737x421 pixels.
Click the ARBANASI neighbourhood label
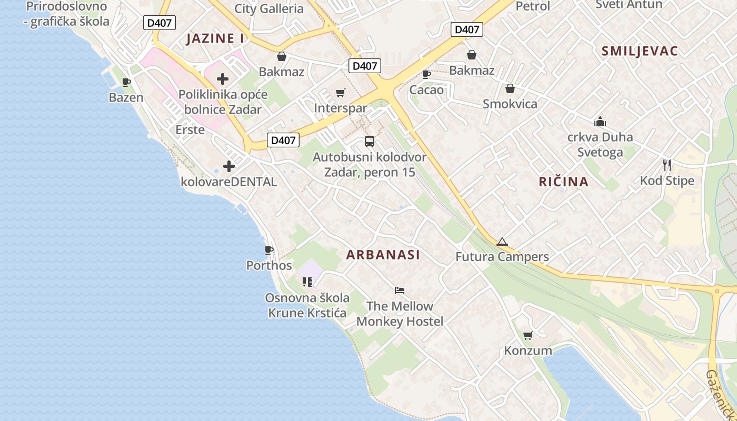point(383,255)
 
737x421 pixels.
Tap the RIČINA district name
point(563,182)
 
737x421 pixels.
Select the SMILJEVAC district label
point(639,51)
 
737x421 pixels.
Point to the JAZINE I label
point(215,38)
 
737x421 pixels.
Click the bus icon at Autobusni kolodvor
point(370,142)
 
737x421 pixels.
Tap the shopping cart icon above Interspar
point(341,93)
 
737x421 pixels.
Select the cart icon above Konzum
point(527,336)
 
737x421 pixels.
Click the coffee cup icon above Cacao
point(426,74)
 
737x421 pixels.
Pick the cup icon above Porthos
point(269,250)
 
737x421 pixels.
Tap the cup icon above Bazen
point(126,82)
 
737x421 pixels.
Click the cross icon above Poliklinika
point(223,79)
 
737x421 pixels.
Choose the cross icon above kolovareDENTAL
point(228,166)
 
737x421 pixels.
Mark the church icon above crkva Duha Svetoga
point(600,122)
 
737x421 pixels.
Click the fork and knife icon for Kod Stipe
point(667,165)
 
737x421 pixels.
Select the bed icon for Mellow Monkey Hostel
point(400,290)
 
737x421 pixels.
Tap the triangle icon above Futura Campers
point(502,242)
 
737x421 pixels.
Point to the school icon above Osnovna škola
point(307,282)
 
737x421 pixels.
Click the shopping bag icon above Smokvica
point(510,88)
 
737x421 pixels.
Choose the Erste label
point(190,129)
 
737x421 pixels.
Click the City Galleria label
point(269,8)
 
